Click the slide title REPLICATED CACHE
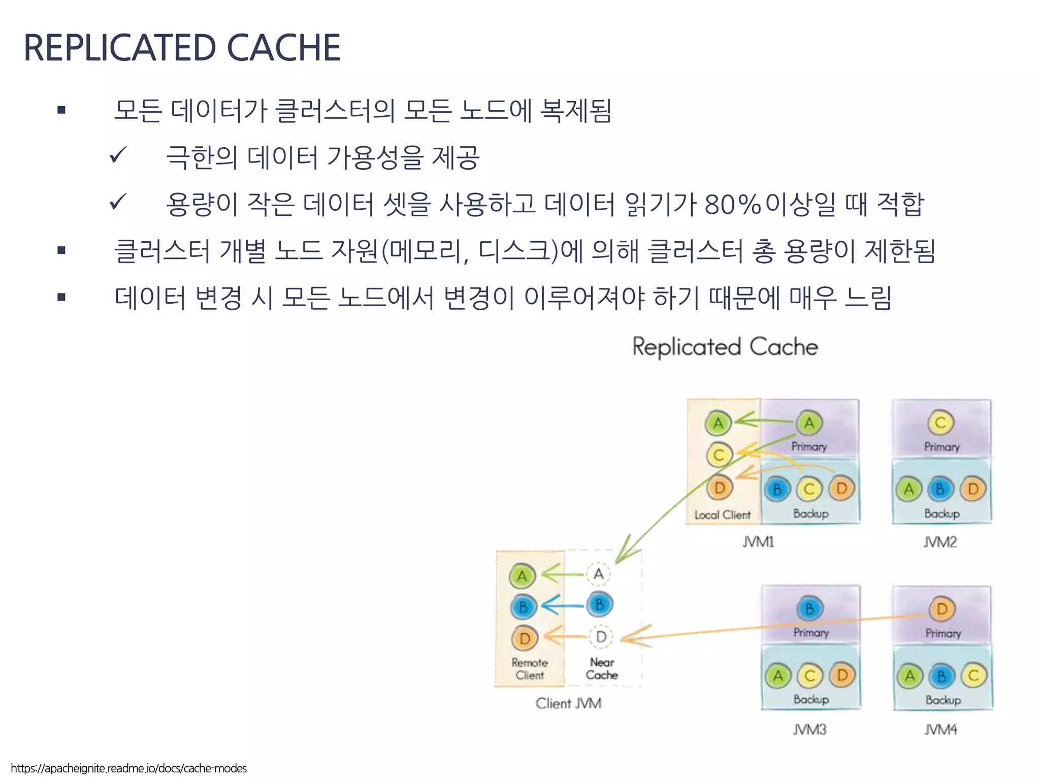182,48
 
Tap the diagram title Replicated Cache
725,347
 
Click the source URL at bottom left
129,768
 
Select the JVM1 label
758,542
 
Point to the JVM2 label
940,542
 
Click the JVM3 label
809,730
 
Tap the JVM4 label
940,730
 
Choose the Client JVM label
568,703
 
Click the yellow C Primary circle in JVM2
940,422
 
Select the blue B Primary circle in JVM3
809,608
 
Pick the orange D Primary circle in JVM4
942,609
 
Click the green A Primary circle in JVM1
809,422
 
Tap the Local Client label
722,515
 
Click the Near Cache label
602,669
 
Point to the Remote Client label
530,669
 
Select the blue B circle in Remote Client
523,607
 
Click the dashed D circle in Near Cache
601,636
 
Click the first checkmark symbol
117,155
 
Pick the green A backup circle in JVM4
909,676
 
